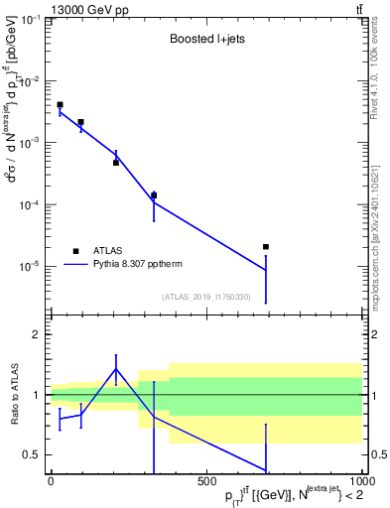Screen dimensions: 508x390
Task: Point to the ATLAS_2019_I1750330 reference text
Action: (x=206, y=297)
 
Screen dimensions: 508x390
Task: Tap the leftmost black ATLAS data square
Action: (x=60, y=104)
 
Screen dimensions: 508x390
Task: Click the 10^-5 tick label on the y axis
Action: (x=32, y=266)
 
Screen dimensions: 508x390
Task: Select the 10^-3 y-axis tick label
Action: (x=32, y=143)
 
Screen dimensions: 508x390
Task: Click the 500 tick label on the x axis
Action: (x=206, y=481)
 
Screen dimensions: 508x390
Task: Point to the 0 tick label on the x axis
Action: (x=51, y=481)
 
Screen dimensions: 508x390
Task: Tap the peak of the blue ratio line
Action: (x=116, y=369)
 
